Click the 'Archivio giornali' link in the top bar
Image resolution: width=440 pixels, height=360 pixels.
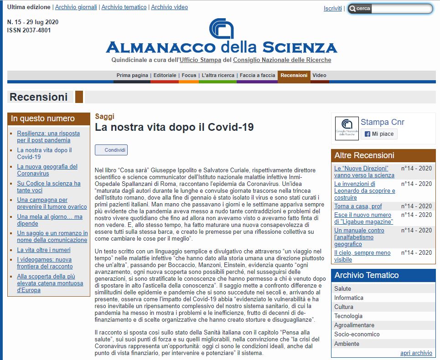click(76, 7)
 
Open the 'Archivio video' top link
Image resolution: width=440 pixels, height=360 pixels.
click(169, 7)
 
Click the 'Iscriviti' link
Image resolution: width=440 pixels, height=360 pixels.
click(332, 9)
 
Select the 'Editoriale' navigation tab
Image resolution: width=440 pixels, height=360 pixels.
click(165, 75)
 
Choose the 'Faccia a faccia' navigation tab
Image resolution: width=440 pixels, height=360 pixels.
click(257, 75)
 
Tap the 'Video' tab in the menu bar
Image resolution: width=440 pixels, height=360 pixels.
click(319, 75)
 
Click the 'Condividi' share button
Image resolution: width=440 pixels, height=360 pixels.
click(111, 150)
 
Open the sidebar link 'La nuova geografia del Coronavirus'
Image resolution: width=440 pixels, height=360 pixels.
click(47, 170)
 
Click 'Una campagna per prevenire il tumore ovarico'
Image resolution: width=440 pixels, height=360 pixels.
click(52, 203)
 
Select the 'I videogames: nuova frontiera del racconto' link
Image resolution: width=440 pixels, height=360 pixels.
click(44, 263)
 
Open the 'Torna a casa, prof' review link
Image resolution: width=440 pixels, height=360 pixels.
click(358, 206)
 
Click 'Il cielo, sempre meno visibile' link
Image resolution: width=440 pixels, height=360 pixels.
click(362, 256)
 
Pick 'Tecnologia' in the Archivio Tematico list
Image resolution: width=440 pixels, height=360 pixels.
click(348, 316)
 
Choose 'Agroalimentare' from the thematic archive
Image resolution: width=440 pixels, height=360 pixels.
click(354, 325)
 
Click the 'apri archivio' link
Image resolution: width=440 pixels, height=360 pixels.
click(416, 353)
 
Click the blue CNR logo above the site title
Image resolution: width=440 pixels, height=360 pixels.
click(221, 28)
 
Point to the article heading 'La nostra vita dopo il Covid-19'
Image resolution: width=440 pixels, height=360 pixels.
click(174, 127)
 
